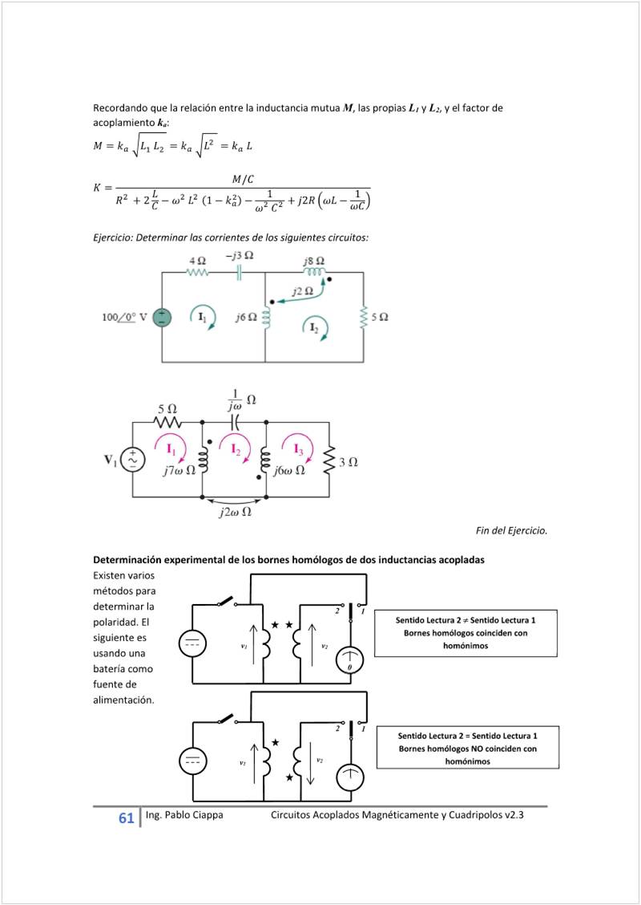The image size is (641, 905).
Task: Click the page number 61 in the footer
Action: tap(126, 818)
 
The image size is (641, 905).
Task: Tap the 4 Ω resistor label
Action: tap(198, 261)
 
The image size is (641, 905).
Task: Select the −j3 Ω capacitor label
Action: tap(239, 256)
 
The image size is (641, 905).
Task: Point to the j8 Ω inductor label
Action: tap(314, 261)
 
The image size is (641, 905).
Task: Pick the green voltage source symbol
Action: tap(162, 317)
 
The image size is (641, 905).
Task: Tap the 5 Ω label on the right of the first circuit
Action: tap(379, 317)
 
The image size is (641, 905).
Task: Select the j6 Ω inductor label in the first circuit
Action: tap(246, 318)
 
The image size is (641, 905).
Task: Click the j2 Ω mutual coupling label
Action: tap(302, 291)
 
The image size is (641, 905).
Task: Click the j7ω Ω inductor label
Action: tap(179, 471)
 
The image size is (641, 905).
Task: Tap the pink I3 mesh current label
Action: tap(297, 448)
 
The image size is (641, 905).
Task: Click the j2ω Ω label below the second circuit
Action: tap(235, 513)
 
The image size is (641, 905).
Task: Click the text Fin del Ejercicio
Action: tap(511, 530)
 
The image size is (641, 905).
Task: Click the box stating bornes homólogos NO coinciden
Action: tap(468, 748)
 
